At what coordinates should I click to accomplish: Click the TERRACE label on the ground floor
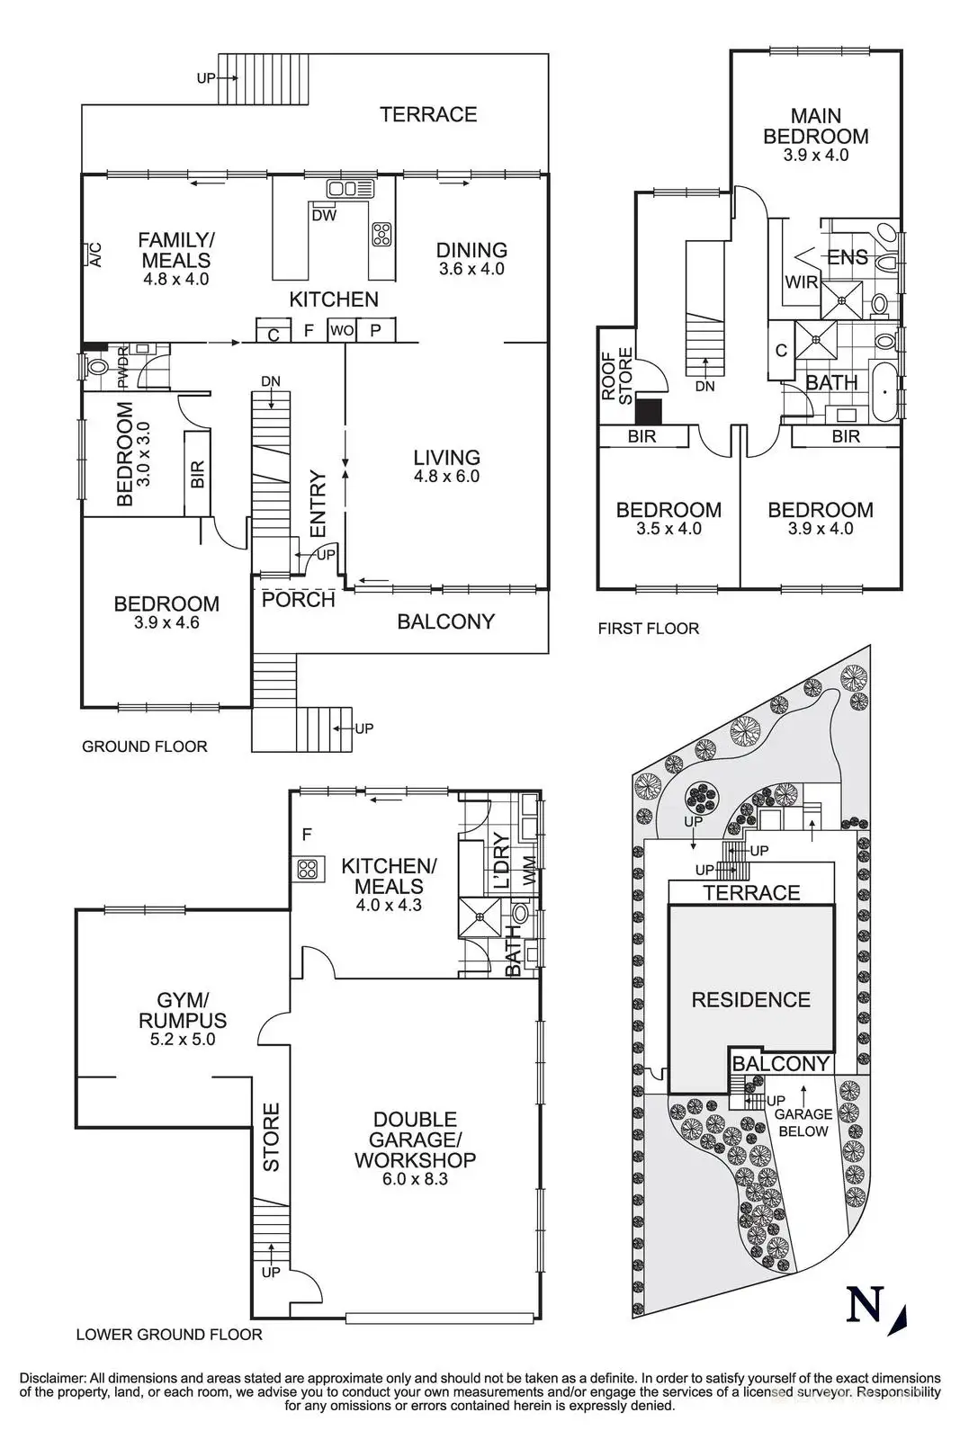tap(427, 114)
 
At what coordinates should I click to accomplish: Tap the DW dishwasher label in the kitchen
tap(324, 216)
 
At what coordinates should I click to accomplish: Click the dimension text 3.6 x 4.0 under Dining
tap(471, 269)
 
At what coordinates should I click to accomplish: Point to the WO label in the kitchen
tap(341, 331)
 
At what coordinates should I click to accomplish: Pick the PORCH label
tap(298, 600)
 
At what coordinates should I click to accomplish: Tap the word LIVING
tap(446, 457)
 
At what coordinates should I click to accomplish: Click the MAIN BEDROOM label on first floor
tap(815, 126)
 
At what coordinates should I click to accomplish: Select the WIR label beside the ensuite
tap(801, 282)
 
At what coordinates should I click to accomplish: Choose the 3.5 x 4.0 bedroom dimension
tap(668, 529)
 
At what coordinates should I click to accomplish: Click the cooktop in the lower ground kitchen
tap(308, 869)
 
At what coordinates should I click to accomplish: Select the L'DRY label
tap(501, 863)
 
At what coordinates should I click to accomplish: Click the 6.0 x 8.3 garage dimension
tap(415, 1179)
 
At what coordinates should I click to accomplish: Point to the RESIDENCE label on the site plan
tap(750, 999)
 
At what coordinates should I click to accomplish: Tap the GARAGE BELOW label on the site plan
tap(803, 1122)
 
